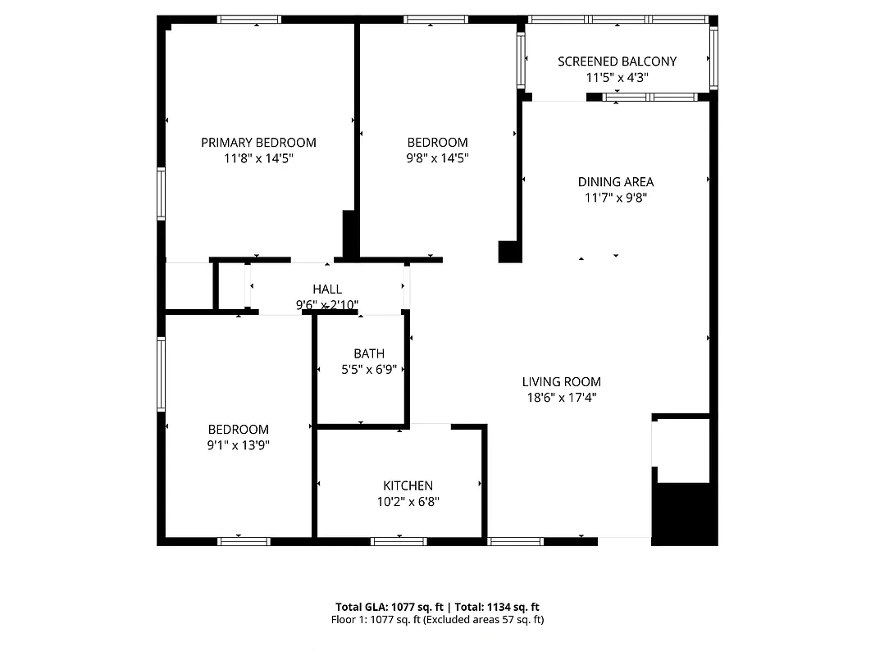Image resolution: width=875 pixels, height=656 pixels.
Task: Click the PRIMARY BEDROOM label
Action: click(258, 143)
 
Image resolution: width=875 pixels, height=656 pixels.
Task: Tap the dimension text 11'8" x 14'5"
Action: click(258, 158)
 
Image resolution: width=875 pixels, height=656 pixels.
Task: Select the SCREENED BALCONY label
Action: click(617, 61)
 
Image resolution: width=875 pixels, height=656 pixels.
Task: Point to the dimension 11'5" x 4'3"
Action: click(617, 78)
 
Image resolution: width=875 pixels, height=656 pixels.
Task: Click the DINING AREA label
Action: click(616, 182)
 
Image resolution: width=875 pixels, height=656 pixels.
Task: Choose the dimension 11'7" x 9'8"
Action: click(616, 198)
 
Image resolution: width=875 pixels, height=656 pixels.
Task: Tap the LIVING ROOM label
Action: click(562, 382)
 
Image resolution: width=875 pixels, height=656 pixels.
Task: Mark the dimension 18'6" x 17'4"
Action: click(562, 398)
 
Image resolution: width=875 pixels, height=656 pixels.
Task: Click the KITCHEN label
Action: click(408, 486)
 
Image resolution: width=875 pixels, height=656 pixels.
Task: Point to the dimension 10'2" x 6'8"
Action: click(408, 502)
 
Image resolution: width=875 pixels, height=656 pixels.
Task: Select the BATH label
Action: click(369, 354)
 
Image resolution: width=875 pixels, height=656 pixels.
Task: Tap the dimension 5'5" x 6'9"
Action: click(369, 370)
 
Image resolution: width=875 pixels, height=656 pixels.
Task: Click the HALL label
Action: click(327, 289)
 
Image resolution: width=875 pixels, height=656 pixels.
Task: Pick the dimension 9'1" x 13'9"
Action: click(238, 445)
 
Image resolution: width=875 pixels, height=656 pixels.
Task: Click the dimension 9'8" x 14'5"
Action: click(438, 158)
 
